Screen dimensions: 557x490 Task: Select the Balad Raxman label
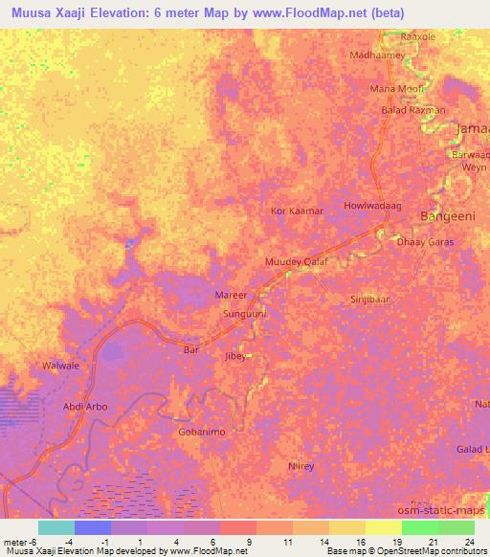tap(413, 110)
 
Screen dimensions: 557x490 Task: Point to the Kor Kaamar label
tap(298, 210)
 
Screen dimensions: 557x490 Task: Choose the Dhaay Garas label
tap(425, 242)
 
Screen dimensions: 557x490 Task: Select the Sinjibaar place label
tap(369, 299)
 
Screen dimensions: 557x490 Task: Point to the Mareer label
tap(232, 297)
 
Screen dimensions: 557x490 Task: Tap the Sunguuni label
tap(244, 313)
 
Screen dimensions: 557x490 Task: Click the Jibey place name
tap(235, 356)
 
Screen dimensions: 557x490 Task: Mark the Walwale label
tap(60, 366)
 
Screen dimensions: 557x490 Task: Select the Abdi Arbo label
tap(84, 407)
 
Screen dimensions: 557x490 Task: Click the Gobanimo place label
tap(202, 433)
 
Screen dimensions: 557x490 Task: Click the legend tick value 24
tap(468, 542)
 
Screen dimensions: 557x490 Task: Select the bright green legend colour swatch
tap(420, 527)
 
